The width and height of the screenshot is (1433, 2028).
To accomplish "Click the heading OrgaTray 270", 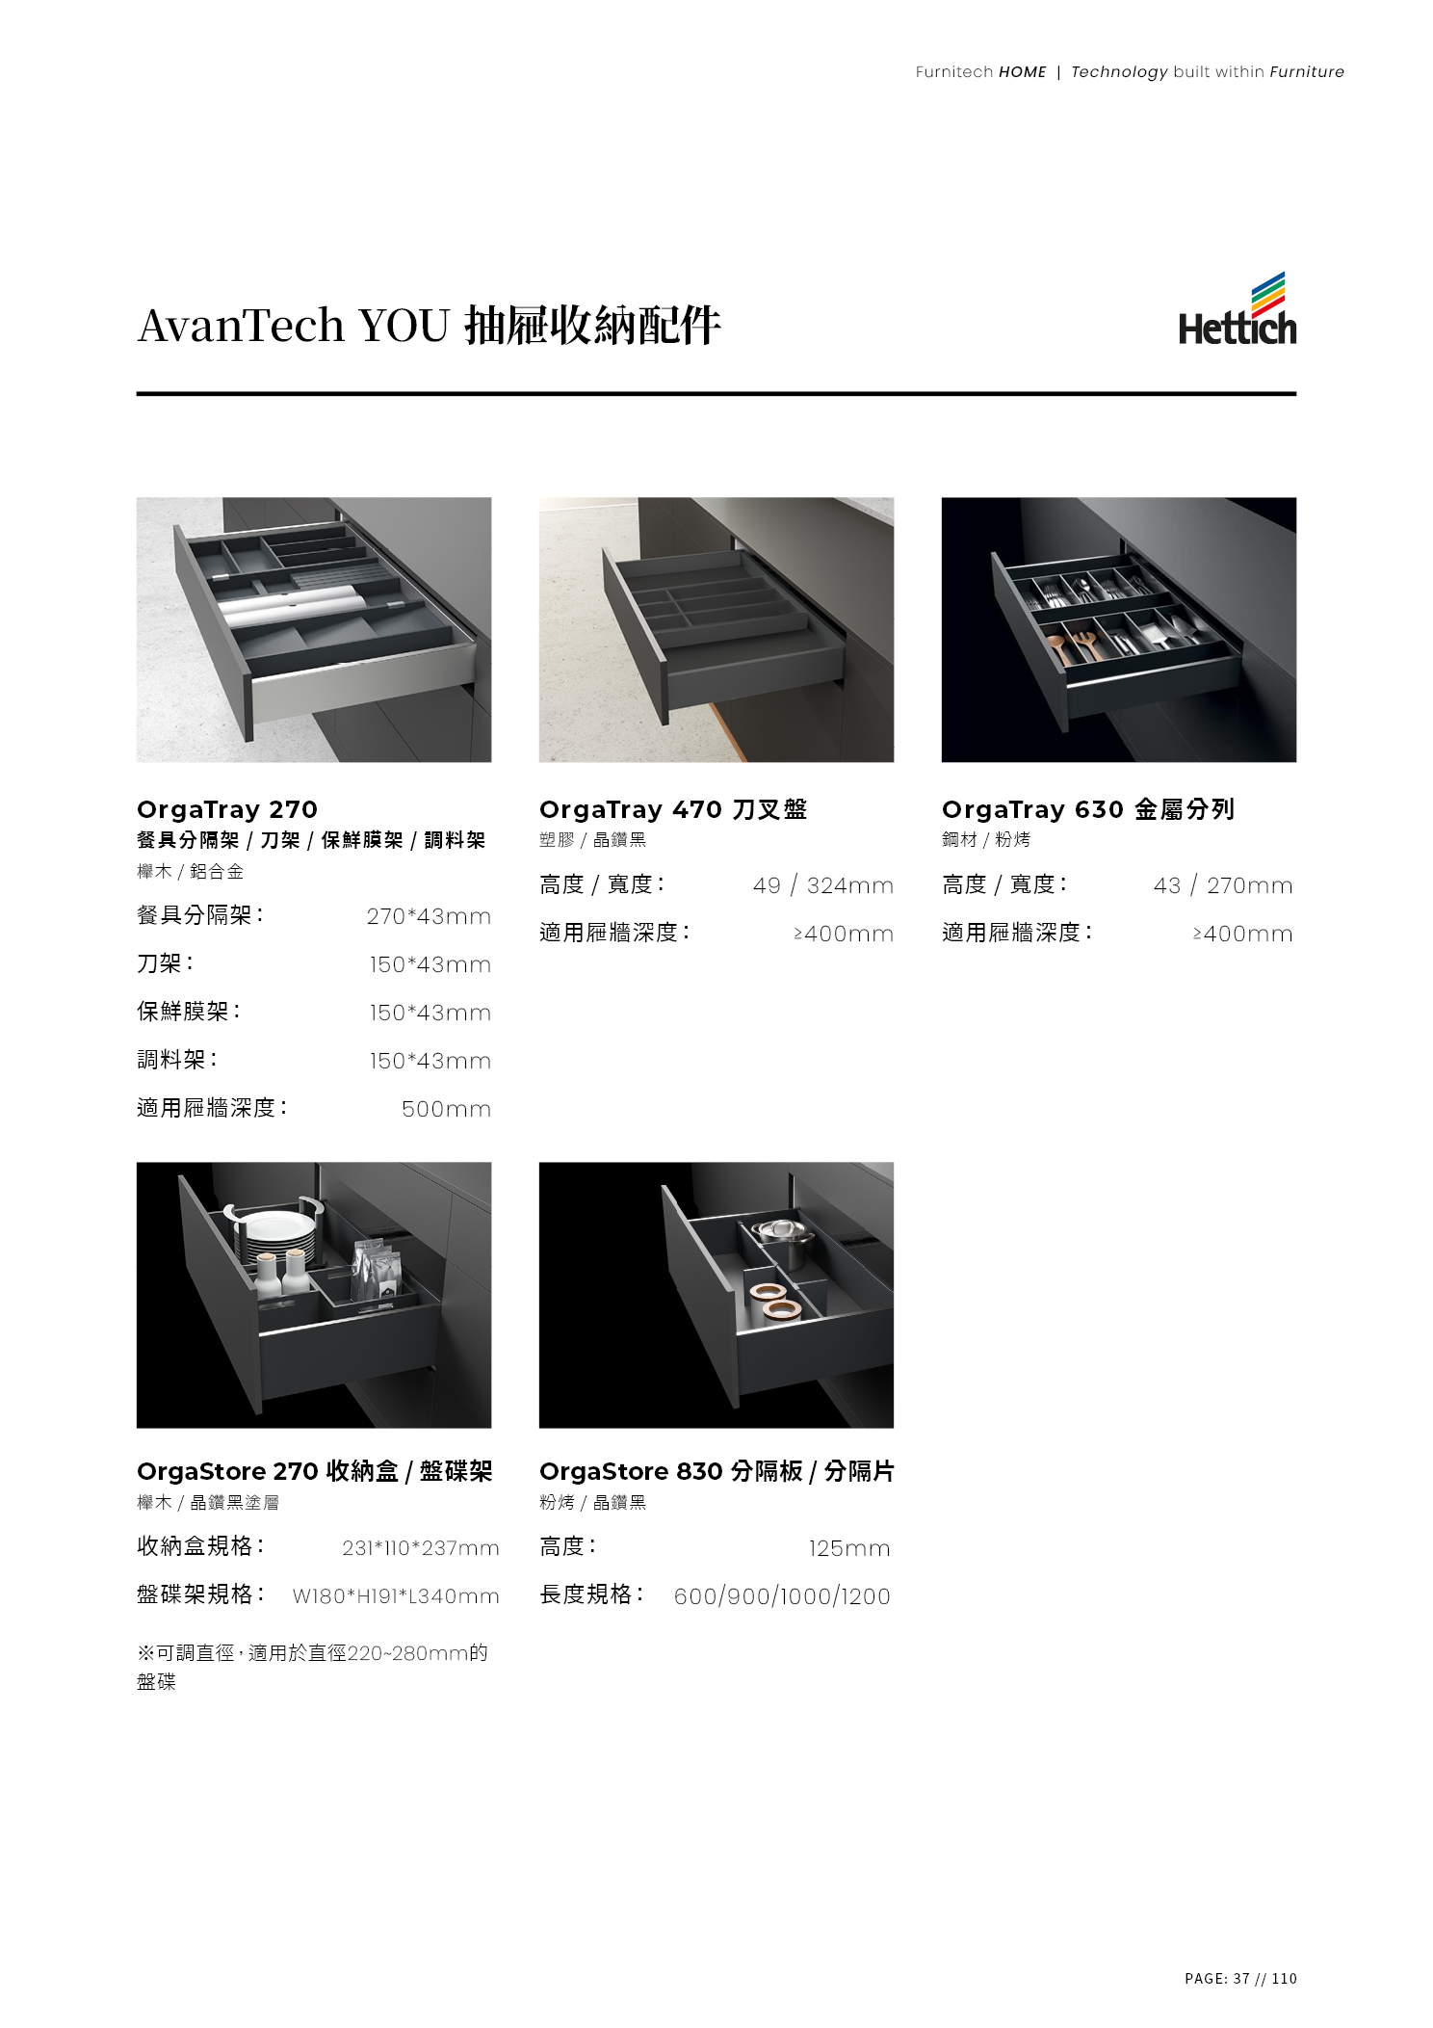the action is tap(227, 809).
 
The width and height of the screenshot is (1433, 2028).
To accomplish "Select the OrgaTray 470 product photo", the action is tap(716, 629).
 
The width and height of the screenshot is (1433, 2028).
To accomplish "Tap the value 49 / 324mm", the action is tap(822, 885).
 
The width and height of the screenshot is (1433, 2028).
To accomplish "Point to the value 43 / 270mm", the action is tap(1223, 885).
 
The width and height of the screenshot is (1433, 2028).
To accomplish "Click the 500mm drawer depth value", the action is tap(446, 1109).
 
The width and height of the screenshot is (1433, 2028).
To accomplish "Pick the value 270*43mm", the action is tap(429, 916).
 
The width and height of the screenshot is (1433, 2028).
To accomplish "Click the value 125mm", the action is tap(849, 1548).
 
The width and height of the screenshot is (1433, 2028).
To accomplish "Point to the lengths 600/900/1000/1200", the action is tap(782, 1596).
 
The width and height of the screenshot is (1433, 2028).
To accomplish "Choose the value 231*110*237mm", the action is tap(421, 1548).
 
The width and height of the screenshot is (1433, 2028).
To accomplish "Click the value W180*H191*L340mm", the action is tap(396, 1596).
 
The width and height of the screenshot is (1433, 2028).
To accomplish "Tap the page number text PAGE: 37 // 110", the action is tap(1240, 1978).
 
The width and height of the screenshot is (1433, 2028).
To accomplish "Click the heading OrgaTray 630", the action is tap(1032, 809).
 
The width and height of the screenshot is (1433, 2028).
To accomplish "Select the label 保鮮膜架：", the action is tap(189, 1012).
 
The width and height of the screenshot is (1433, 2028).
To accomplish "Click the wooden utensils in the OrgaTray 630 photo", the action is tap(1073, 644).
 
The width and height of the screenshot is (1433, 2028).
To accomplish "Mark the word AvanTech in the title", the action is tap(241, 325).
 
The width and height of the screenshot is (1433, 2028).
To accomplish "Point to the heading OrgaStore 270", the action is tap(227, 1471).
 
